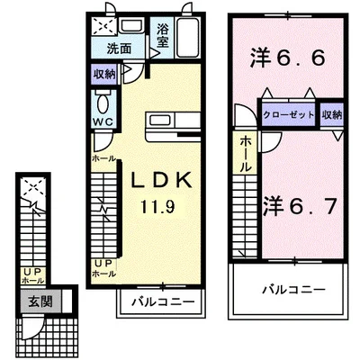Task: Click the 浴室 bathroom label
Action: [x=162, y=34]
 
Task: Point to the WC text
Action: [x=101, y=121]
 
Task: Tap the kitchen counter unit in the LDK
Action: [x=166, y=120]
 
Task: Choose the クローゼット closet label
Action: [x=288, y=114]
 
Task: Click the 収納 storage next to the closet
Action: [x=331, y=114]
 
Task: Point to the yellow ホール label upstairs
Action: [x=245, y=155]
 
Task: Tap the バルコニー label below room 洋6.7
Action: [x=293, y=290]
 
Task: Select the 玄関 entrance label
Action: [x=32, y=301]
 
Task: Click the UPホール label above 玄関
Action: [x=33, y=275]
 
